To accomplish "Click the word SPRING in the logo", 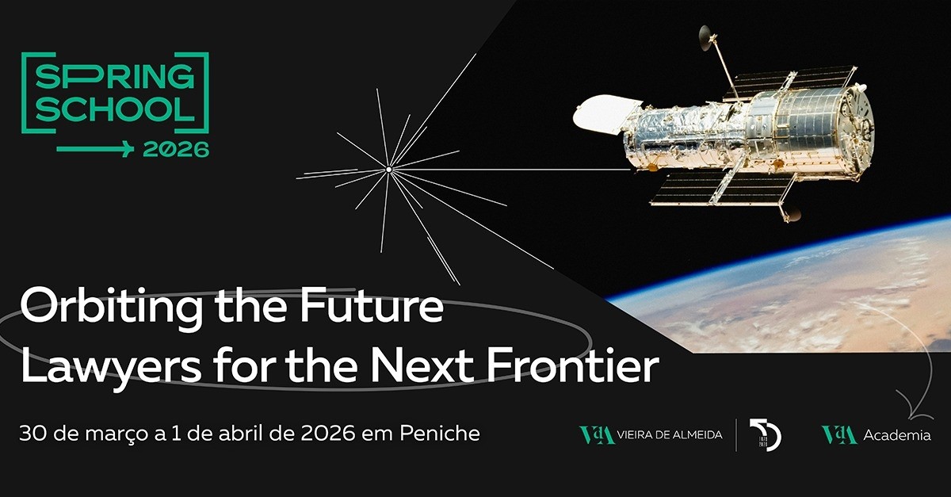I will click(x=115, y=79).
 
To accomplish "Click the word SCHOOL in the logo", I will click(x=115, y=110).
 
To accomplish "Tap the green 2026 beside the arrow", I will click(x=176, y=149).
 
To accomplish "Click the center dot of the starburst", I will click(x=388, y=169).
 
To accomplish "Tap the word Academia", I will click(x=897, y=435).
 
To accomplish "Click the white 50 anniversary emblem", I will click(x=766, y=434).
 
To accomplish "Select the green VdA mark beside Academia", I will click(x=839, y=435).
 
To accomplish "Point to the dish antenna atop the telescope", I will click(x=705, y=36).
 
